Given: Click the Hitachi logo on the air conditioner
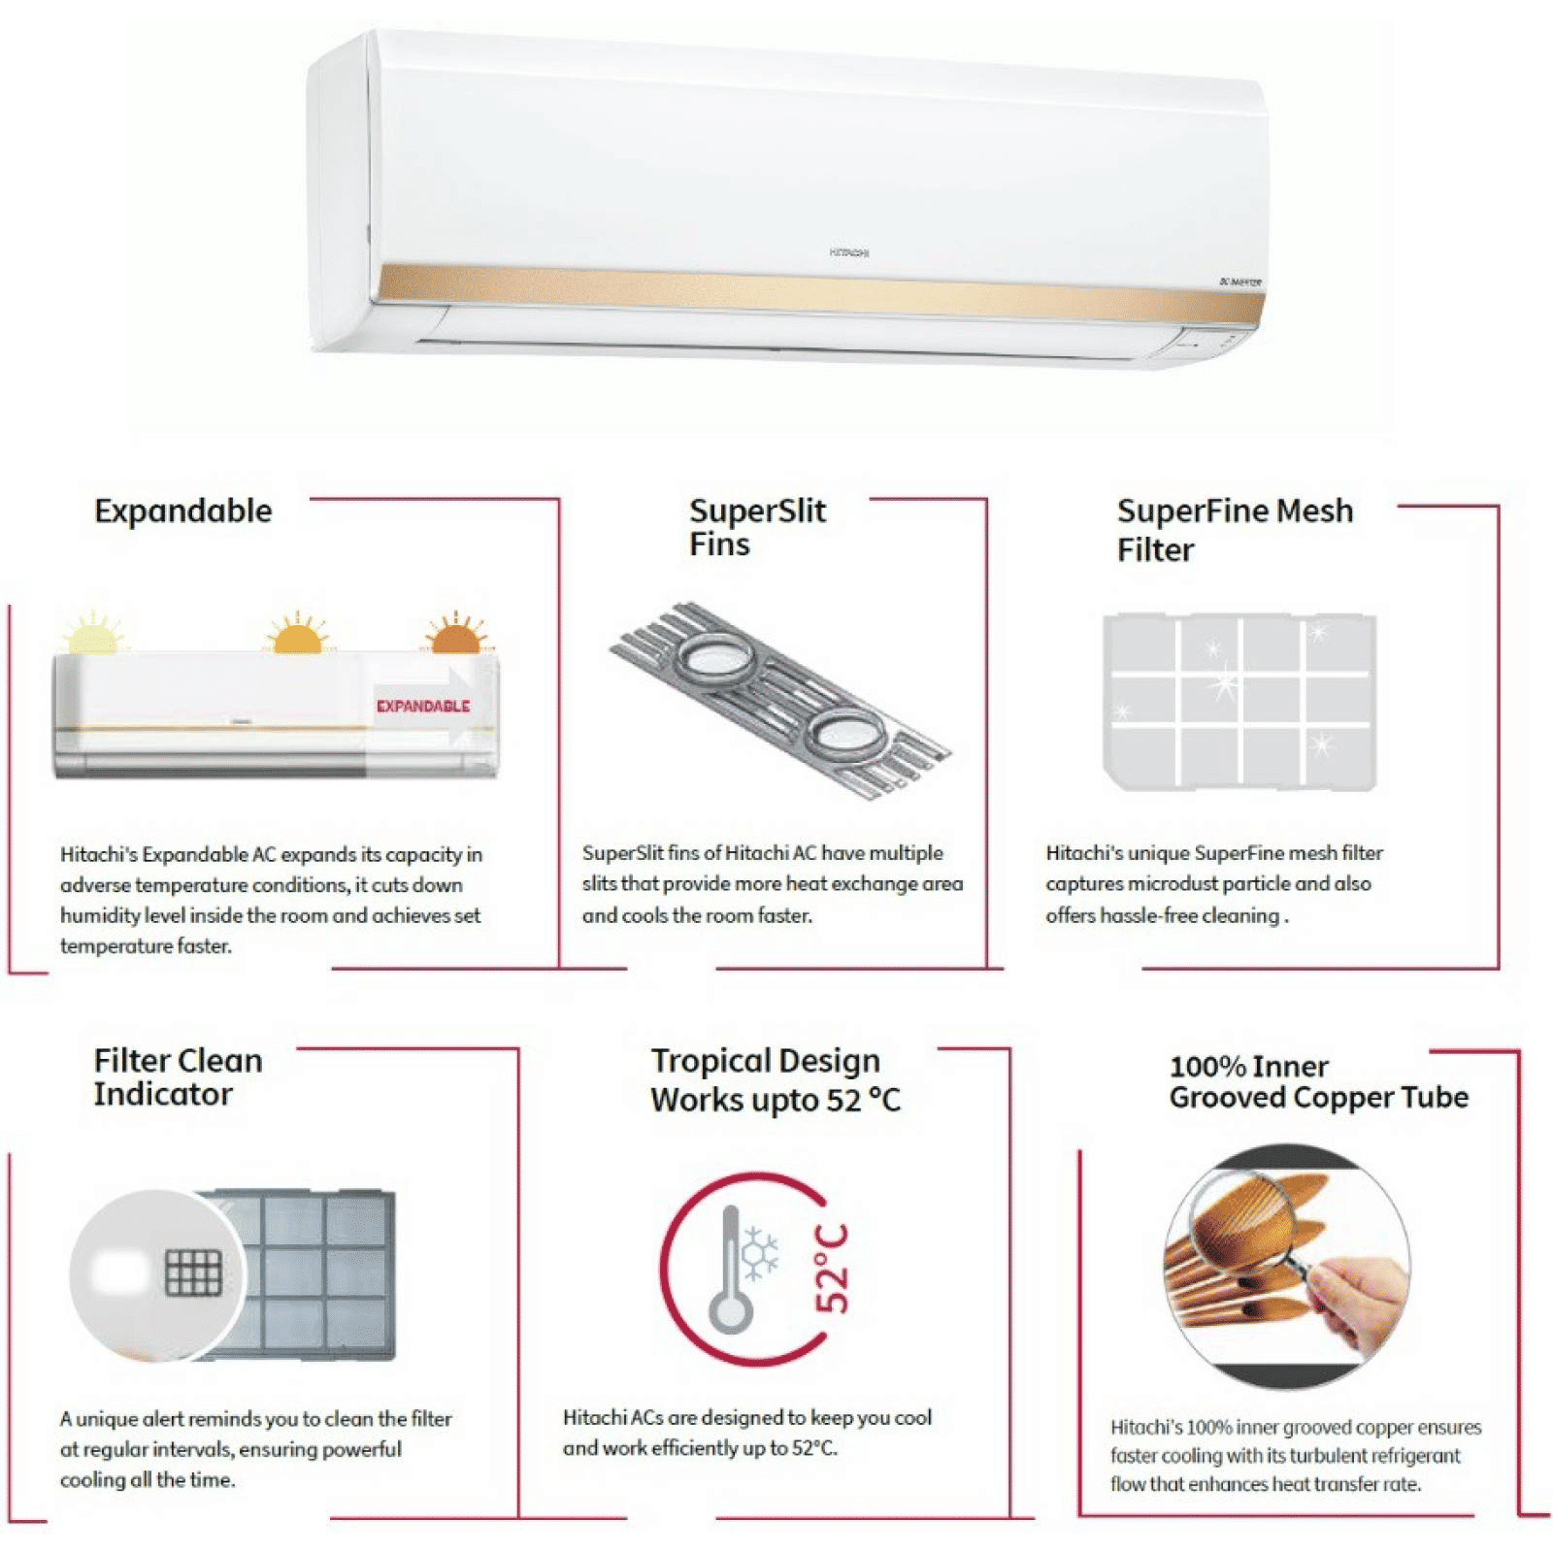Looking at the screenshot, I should pos(849,252).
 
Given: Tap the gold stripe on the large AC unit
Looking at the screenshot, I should pos(815,290).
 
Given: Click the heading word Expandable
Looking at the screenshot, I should pos(183,512).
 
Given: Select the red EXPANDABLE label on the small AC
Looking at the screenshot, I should pos(423,706).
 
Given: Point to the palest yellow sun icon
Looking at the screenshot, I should pos(93,636).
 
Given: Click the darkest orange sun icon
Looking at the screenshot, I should pos(454,637).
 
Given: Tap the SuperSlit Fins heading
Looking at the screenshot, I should pos(757,527).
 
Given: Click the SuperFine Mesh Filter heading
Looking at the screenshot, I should pos(1235,529).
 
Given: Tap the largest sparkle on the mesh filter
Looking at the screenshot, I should pos(1225,685).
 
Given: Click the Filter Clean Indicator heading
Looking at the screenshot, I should pos(179,1076).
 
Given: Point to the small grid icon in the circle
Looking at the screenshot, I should pos(193,1272).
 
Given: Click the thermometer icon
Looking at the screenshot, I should pos(730,1272).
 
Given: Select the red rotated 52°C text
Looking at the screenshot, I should pos(832,1269).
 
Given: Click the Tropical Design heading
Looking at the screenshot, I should pos(775,1079).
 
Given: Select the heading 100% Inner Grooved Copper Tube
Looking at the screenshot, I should pos(1318,1081).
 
